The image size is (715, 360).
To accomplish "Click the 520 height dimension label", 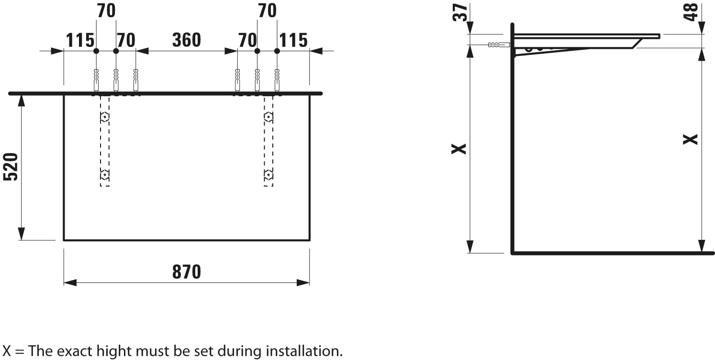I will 11,167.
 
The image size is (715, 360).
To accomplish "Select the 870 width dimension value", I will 187,272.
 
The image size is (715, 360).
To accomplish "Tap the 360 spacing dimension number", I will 186,40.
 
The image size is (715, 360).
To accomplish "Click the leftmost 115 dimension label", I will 79,41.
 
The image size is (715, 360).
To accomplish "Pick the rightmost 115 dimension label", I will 293,41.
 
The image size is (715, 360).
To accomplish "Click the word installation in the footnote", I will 303,351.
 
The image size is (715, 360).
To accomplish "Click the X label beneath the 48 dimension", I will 691,139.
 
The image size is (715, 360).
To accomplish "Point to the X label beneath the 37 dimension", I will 459,149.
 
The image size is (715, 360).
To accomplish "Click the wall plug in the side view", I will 498,45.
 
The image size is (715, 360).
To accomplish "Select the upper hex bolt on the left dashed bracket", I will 104,117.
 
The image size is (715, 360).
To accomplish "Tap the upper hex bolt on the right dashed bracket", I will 269,117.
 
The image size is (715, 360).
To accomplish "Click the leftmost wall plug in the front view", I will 96,79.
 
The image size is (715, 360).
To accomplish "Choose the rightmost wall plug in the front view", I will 277,79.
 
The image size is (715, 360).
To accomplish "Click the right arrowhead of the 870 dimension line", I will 303,282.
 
